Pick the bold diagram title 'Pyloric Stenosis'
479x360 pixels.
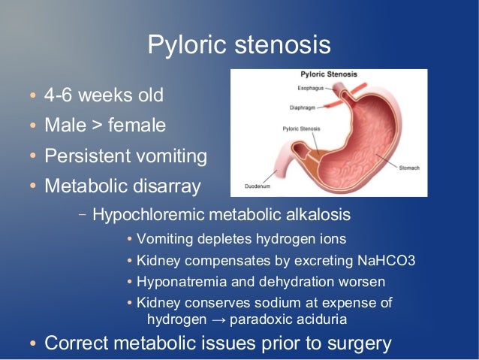328,75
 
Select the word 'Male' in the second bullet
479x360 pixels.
65,126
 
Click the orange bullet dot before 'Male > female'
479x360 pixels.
32,126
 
